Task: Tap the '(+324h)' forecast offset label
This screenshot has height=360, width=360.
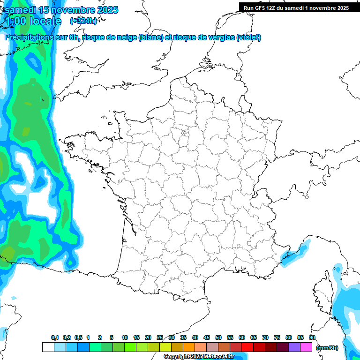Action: tap(83, 21)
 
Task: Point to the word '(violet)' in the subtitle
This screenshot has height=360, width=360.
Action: tap(248, 37)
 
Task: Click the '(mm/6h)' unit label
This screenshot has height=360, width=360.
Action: tap(327, 348)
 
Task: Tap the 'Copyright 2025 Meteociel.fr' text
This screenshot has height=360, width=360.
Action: tap(199, 357)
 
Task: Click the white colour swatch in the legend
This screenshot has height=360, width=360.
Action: tap(48, 347)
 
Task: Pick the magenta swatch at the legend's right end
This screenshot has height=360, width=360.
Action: tap(306, 347)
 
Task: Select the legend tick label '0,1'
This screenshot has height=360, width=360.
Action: tap(54, 338)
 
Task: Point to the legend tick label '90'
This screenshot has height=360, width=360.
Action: tap(312, 338)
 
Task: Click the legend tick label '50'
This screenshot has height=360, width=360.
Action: tap(218, 338)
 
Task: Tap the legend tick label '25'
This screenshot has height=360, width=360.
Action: tap(160, 338)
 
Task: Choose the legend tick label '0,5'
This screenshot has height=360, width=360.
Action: tap(78, 338)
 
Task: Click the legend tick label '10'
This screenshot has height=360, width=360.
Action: tap(125, 338)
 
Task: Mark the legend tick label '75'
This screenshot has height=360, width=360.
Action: tap(277, 338)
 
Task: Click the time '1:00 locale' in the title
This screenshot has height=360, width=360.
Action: tap(33, 21)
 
